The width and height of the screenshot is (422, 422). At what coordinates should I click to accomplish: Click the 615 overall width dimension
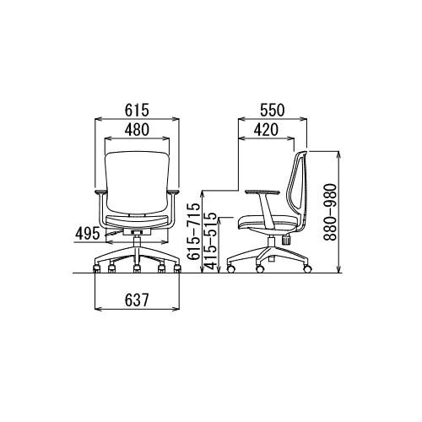137,110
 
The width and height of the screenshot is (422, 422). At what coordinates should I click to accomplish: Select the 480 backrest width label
137,130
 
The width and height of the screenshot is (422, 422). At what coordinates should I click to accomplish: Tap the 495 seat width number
88,234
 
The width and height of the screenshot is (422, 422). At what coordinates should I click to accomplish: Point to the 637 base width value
137,300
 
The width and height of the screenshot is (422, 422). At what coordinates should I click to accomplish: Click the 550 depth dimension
273,110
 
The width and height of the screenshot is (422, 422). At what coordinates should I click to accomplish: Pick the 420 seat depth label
266,130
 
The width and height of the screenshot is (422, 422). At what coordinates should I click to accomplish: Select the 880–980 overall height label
330,213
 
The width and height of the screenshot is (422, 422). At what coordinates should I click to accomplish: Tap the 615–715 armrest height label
194,231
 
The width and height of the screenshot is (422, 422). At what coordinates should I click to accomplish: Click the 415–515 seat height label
211,241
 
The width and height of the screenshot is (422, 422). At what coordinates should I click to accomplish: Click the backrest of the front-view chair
137,183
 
